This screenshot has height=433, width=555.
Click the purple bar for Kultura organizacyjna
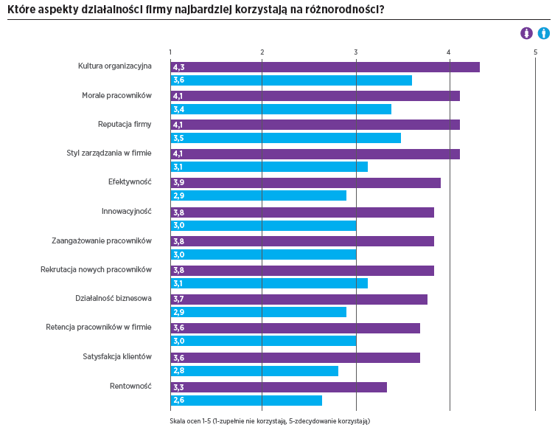(x=325, y=67)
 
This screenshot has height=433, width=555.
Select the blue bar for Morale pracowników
(x=281, y=110)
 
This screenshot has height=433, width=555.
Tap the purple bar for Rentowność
(x=279, y=387)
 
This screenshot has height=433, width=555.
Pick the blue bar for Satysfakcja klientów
(x=254, y=371)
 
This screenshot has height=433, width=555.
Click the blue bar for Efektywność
(x=259, y=196)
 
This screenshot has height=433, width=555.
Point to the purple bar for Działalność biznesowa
(x=299, y=299)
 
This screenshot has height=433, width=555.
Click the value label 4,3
(x=178, y=67)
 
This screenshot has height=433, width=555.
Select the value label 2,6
(x=178, y=401)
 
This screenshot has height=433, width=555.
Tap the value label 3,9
(x=178, y=183)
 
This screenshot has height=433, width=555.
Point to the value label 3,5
(x=178, y=138)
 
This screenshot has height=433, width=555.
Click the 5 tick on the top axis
(x=536, y=52)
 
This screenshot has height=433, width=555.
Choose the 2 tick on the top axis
(x=262, y=52)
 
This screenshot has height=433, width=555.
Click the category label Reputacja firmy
(x=125, y=124)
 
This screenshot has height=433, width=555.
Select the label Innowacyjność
(x=126, y=212)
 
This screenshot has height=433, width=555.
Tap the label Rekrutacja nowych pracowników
(x=96, y=269)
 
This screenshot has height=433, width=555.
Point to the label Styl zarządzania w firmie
(x=109, y=153)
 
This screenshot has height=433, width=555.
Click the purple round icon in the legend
(x=526, y=33)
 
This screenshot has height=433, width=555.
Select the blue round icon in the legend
(x=543, y=33)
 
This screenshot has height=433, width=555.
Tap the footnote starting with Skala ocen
(x=269, y=421)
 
